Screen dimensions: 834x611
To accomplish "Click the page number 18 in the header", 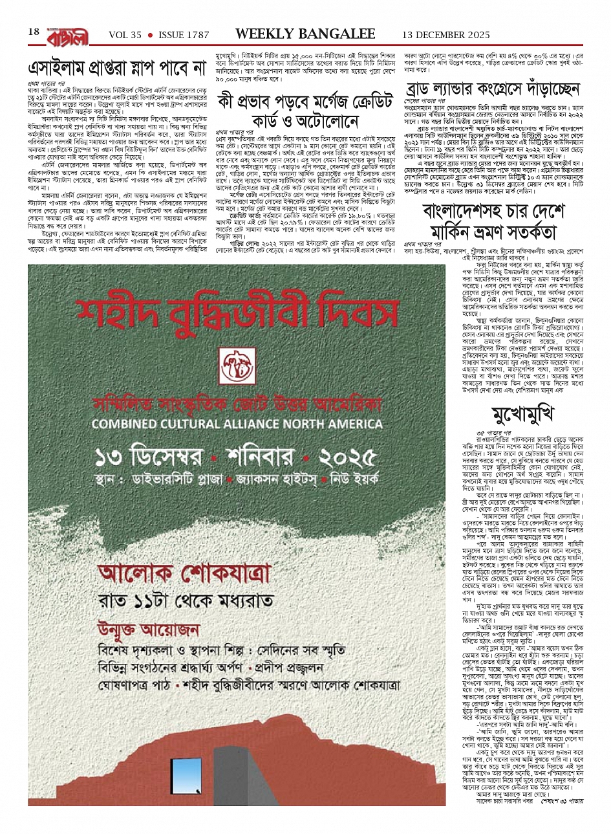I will [x=34, y=32].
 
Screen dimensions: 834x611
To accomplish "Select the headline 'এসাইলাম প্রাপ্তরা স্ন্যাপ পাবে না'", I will [x=116, y=67].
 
